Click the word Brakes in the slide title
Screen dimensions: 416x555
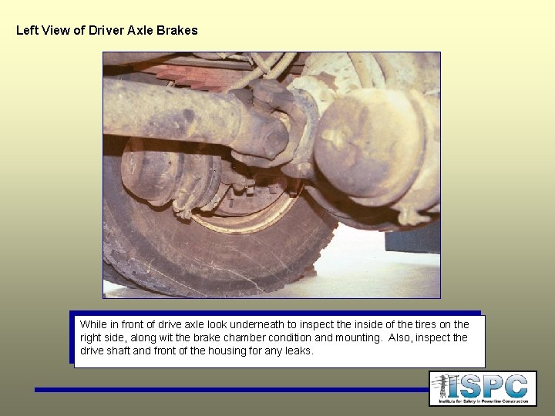[x=180, y=31]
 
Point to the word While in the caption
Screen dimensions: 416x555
[x=93, y=325]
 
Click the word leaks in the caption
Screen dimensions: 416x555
[x=298, y=351]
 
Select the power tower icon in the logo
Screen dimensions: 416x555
[x=442, y=387]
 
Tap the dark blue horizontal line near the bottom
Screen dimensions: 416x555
[x=231, y=390]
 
